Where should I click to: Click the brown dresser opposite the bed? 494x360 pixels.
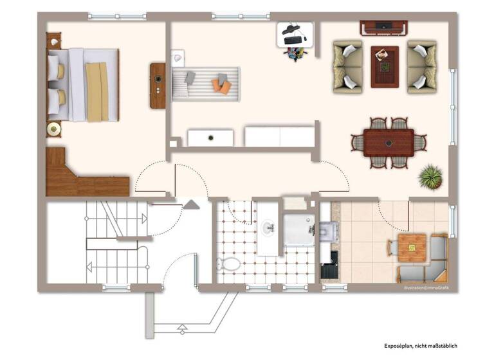coord(158,85)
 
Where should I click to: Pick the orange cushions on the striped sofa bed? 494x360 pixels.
coord(223,84)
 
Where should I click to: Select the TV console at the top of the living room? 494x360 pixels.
coord(383,28)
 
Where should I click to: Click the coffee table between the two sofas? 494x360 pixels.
coord(384,66)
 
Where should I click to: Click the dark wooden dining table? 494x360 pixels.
coord(389,143)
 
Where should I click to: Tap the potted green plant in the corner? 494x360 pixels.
coord(429,175)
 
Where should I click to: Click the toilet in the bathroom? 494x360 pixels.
coord(228,263)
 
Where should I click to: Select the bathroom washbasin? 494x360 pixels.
coord(268,226)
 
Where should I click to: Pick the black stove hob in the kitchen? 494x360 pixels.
coord(329,258)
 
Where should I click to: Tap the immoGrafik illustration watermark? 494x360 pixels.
coord(426,287)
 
